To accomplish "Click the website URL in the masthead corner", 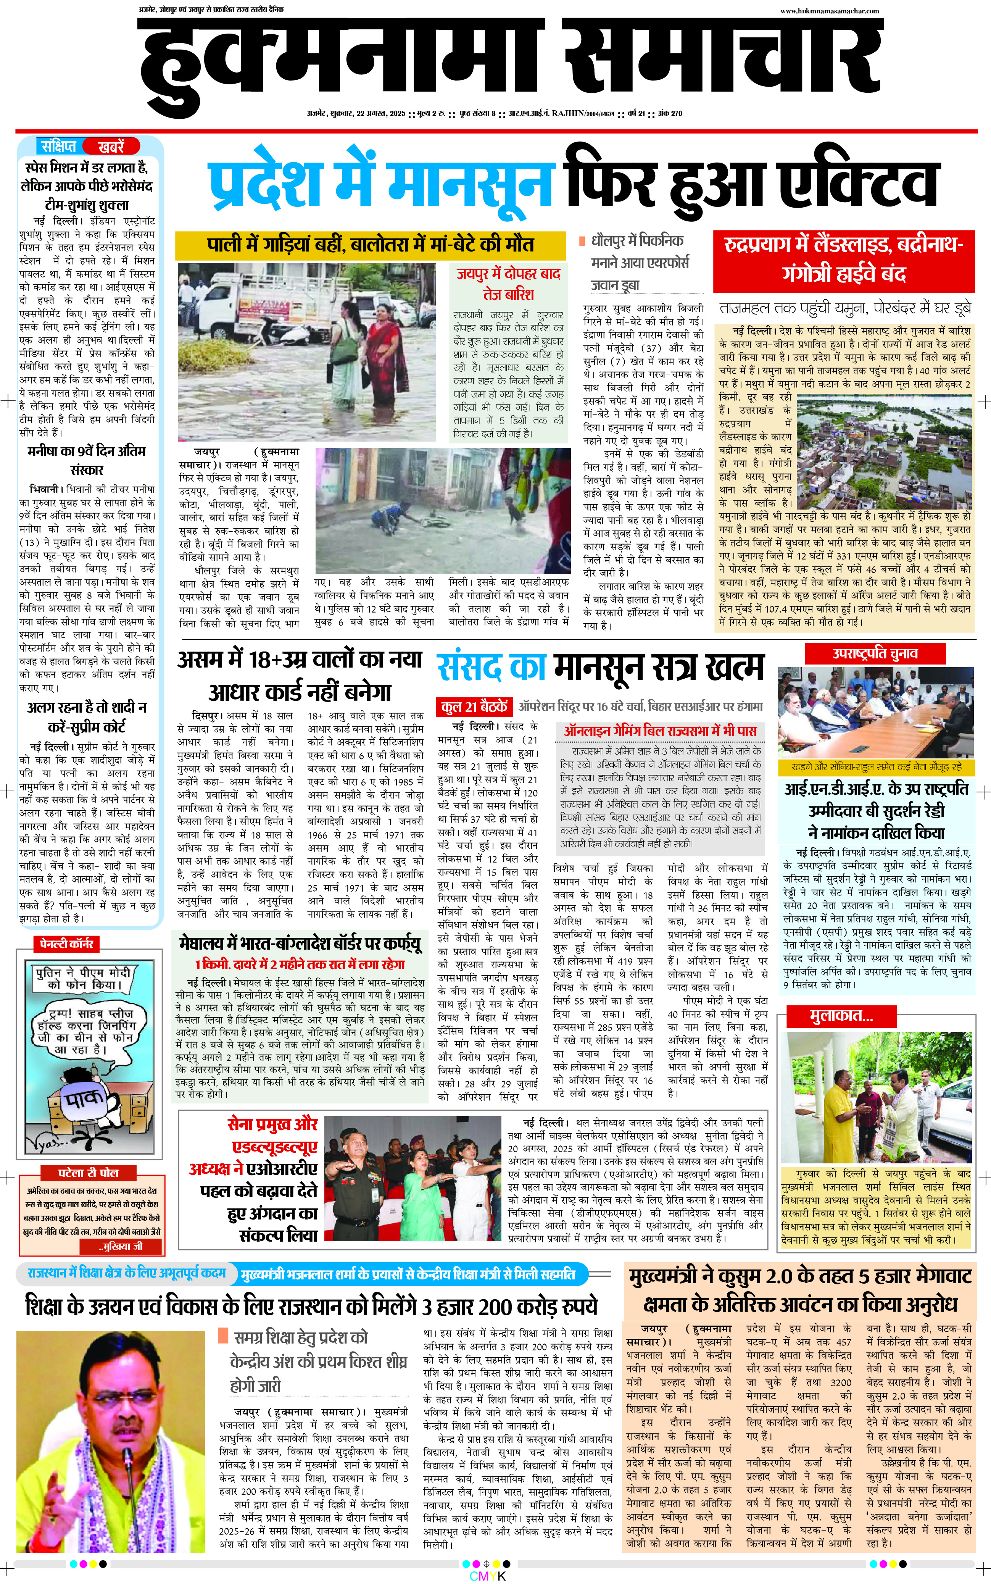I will point(829,10).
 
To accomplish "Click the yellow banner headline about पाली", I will point(370,245).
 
